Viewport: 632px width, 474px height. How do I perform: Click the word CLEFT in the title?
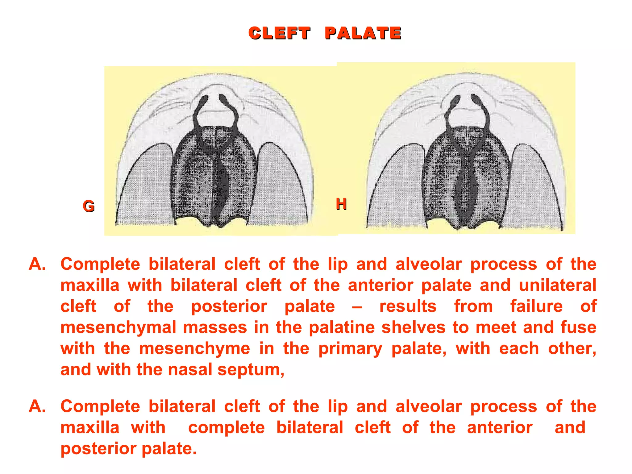[279, 33]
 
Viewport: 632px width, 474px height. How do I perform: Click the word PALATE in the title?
[363, 33]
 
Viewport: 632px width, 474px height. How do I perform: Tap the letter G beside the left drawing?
[89, 206]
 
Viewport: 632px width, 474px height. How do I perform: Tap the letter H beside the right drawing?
[341, 204]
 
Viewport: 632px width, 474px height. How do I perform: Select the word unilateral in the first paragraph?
[558, 285]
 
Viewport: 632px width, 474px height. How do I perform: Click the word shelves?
[414, 327]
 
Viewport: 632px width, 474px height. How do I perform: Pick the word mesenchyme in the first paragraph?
[194, 348]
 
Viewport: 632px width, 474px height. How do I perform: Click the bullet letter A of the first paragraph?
[37, 264]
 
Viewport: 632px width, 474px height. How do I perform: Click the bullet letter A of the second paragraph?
[37, 406]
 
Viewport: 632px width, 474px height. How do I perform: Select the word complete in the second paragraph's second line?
[227, 428]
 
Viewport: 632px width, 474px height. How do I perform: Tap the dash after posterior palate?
[357, 307]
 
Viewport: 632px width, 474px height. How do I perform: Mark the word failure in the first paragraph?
[536, 306]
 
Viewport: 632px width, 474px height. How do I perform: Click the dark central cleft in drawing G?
[223, 185]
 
